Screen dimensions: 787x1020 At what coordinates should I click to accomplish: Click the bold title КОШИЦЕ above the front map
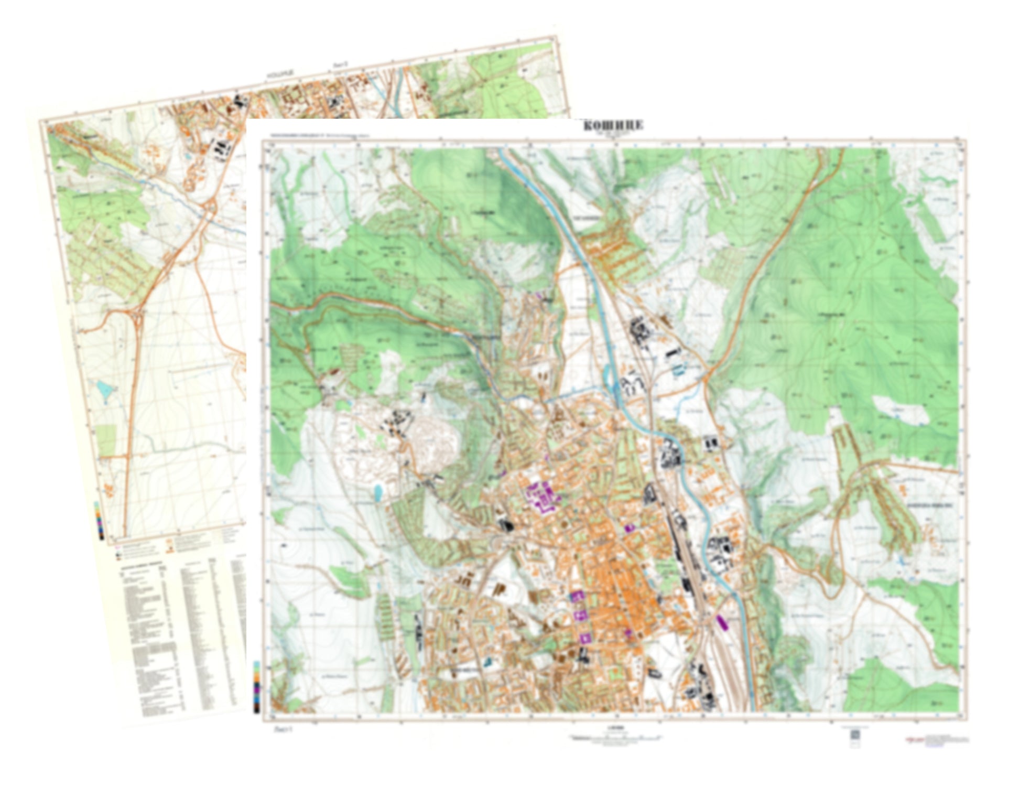click(613, 125)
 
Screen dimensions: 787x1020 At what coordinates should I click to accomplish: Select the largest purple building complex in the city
click(542, 495)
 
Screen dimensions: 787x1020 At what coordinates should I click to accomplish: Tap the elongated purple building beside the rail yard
click(721, 623)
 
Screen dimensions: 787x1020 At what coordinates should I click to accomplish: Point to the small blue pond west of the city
click(377, 491)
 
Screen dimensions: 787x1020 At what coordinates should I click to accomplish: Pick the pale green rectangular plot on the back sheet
click(106, 440)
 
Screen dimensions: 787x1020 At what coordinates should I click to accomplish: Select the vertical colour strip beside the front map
click(256, 687)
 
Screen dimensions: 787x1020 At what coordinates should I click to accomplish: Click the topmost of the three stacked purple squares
click(577, 596)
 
